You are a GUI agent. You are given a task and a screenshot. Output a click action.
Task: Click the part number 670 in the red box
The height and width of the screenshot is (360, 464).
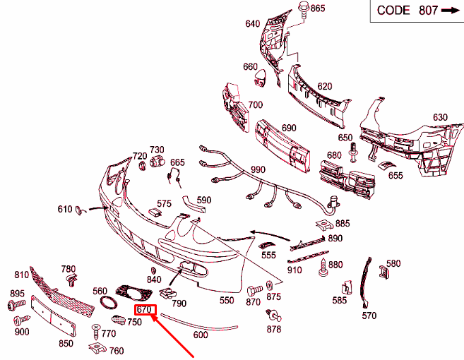coord(144,310)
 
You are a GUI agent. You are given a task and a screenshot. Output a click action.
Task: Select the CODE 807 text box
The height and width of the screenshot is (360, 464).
coord(417,11)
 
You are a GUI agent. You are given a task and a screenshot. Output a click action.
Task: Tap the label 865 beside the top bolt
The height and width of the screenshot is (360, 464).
coord(318,8)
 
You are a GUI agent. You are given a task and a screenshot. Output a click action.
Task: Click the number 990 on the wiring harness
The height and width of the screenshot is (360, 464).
coord(258,170)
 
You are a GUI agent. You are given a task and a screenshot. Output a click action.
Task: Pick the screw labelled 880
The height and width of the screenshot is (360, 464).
coord(323,268)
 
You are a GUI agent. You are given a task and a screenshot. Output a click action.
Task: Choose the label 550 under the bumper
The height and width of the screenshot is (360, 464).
coord(227,300)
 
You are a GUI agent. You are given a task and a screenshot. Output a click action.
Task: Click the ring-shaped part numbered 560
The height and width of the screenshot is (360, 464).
coord(109,303)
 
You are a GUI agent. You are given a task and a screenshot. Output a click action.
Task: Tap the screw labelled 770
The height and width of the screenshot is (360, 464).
coord(96,332)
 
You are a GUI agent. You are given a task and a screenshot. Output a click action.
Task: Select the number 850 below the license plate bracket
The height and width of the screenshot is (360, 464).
coord(66,344)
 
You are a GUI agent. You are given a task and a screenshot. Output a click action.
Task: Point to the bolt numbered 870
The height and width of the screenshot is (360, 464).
coord(254,290)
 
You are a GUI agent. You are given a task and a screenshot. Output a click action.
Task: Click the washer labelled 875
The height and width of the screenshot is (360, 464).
coord(270,285)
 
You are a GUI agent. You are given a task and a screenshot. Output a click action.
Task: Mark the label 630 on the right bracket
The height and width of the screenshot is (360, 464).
coord(440,117)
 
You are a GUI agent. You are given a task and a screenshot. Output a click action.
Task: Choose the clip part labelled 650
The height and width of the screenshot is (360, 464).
coord(353,152)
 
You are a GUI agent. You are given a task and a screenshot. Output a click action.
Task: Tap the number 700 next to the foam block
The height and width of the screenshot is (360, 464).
coord(256,105)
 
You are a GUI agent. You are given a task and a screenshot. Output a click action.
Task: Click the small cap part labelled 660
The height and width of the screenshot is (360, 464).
coord(259,78)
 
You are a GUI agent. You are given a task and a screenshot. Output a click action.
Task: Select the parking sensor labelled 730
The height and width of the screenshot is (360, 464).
coord(157,162)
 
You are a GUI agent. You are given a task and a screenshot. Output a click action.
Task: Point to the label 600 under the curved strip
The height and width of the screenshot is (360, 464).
coord(201,335)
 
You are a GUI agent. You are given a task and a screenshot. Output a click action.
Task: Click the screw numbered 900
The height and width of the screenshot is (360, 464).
coord(21,320)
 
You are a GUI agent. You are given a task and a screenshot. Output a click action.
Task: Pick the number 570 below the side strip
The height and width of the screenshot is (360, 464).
coord(369,316)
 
